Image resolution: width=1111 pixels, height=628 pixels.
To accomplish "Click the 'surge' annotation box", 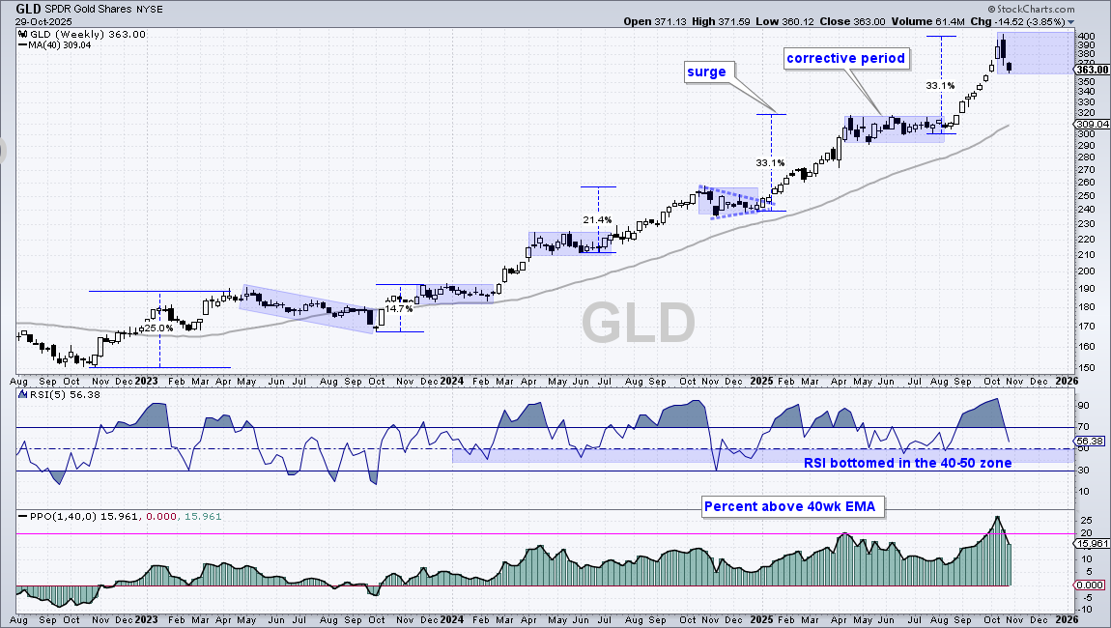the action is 706,71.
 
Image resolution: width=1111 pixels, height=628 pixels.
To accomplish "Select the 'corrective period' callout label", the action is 846,58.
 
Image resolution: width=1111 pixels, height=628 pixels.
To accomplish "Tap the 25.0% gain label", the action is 158,328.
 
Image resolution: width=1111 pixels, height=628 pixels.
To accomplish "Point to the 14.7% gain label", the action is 399,308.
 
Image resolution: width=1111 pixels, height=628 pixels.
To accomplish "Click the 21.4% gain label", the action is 597,219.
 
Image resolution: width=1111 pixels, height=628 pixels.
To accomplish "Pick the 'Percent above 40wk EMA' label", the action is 790,506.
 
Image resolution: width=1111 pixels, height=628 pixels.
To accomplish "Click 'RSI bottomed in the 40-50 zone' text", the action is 908,463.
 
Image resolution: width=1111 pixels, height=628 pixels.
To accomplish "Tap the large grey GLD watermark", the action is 639,324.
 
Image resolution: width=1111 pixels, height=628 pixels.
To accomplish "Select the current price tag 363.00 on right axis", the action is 1092,70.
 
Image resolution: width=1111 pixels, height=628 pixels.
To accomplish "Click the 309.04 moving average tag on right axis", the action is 1092,124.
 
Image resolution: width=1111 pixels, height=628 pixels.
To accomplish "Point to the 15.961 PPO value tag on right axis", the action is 1092,544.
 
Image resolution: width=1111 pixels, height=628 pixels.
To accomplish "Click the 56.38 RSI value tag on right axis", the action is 1092,441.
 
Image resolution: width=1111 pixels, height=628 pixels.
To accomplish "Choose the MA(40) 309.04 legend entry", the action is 60,44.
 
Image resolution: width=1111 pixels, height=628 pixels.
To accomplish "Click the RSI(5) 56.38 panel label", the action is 60,395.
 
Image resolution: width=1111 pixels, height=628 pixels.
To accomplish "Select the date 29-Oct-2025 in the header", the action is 43,21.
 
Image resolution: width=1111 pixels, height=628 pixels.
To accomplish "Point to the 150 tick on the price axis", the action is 1085,368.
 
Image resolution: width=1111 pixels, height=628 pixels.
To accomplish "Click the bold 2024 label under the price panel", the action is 451,381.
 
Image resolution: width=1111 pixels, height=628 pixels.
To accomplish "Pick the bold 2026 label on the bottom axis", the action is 1067,381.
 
